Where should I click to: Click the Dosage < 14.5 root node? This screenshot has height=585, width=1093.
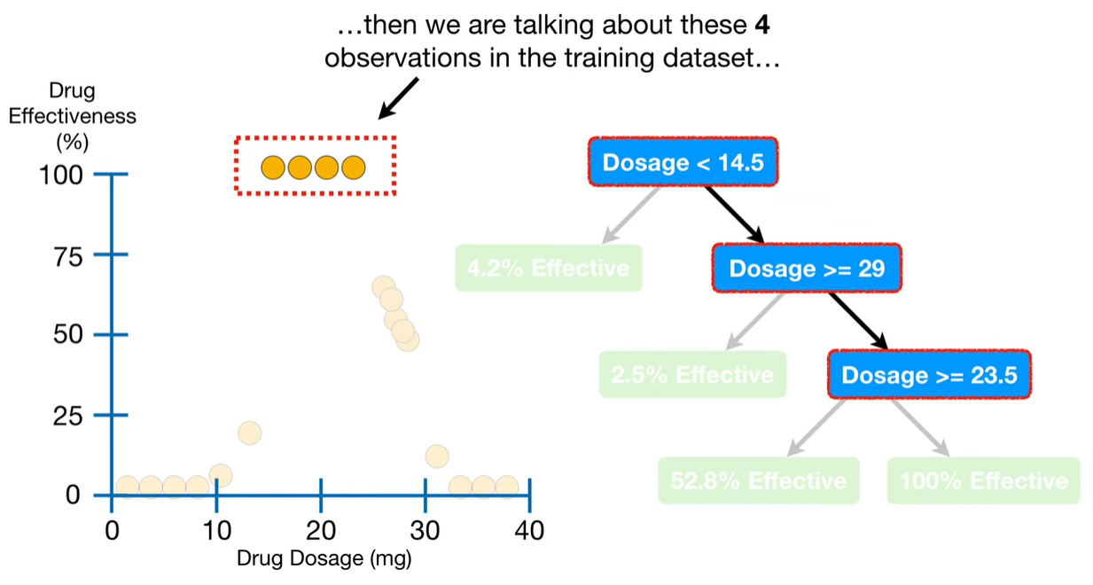click(x=683, y=162)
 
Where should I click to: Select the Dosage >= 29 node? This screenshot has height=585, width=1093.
click(x=807, y=269)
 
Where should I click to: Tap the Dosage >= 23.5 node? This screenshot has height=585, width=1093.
click(x=929, y=375)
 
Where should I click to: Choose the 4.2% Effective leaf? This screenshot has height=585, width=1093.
click(x=549, y=268)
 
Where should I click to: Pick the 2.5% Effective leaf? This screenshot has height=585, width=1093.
click(x=692, y=374)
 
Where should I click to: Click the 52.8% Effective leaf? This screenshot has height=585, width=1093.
click(x=759, y=480)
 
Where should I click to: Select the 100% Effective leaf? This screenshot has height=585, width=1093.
click(x=984, y=480)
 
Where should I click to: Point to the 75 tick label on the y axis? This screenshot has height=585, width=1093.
click(x=68, y=257)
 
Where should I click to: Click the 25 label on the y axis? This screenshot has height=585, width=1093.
click(x=68, y=417)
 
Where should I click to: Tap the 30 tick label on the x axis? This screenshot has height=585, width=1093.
click(x=425, y=530)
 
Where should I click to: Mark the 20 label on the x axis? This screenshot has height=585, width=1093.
click(x=321, y=530)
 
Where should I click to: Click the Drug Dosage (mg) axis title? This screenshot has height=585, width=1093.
click(x=324, y=558)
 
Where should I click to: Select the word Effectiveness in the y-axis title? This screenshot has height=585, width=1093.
click(x=72, y=116)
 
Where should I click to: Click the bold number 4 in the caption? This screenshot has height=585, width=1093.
click(x=762, y=25)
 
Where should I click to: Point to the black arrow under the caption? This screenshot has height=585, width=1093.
click(x=398, y=98)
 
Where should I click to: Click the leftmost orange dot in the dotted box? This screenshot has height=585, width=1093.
click(x=273, y=168)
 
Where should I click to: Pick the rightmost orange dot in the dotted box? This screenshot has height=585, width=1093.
click(x=354, y=168)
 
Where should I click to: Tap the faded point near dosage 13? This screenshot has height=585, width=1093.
click(x=250, y=433)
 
